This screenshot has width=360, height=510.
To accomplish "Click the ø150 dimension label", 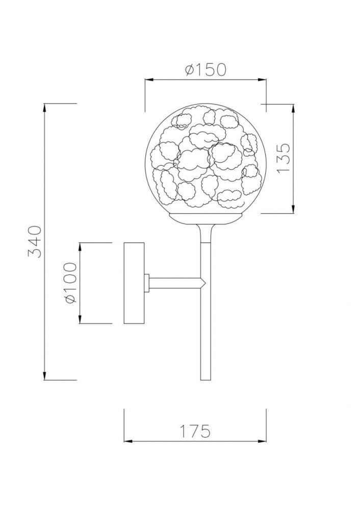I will (205, 69).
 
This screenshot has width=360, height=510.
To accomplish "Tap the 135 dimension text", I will (284, 158).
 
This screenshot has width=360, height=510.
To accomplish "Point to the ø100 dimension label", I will (70, 283).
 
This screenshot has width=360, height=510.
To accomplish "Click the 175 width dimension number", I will (195, 431).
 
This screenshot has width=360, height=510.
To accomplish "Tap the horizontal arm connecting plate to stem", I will (173, 282).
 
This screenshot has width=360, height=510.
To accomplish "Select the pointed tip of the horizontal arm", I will (204, 282).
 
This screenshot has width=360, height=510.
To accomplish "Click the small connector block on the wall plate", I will (147, 282).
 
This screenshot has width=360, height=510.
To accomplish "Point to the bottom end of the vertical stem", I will (205, 378).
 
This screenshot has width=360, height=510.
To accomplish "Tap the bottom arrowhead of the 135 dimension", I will (293, 210).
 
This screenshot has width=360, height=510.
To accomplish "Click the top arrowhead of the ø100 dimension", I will (81, 246).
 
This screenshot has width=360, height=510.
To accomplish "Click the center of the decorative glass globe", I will (205, 159).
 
